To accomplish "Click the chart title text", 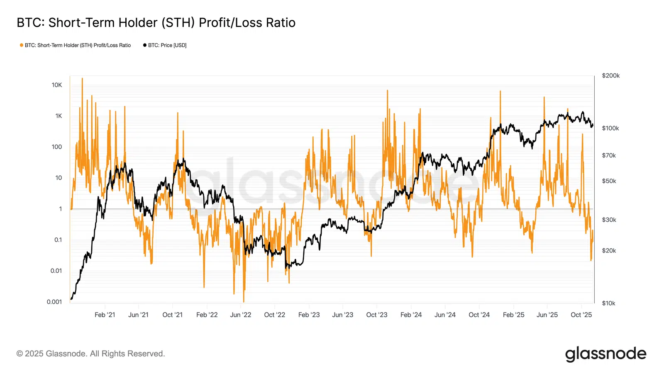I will point(156,23).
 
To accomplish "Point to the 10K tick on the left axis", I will point(57,85).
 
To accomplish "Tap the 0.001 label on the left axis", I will point(54,302).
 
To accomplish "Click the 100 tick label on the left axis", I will point(57,147).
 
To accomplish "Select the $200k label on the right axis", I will point(610,75).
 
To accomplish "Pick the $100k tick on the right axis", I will point(610,128).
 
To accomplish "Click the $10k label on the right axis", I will point(608,303).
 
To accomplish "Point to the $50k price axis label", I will point(609,181).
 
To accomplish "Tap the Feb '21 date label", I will point(105,315).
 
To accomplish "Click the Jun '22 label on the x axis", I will point(241,315).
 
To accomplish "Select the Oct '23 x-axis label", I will point(376,315).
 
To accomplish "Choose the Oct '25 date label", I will point(581,315).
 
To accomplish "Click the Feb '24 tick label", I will point(411,315).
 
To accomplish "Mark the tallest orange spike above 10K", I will point(82,79).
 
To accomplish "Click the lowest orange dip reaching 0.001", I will point(244,301).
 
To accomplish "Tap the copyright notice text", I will point(90,354).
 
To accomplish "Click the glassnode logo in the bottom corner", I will point(605,354).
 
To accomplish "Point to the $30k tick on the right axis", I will point(609,220).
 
